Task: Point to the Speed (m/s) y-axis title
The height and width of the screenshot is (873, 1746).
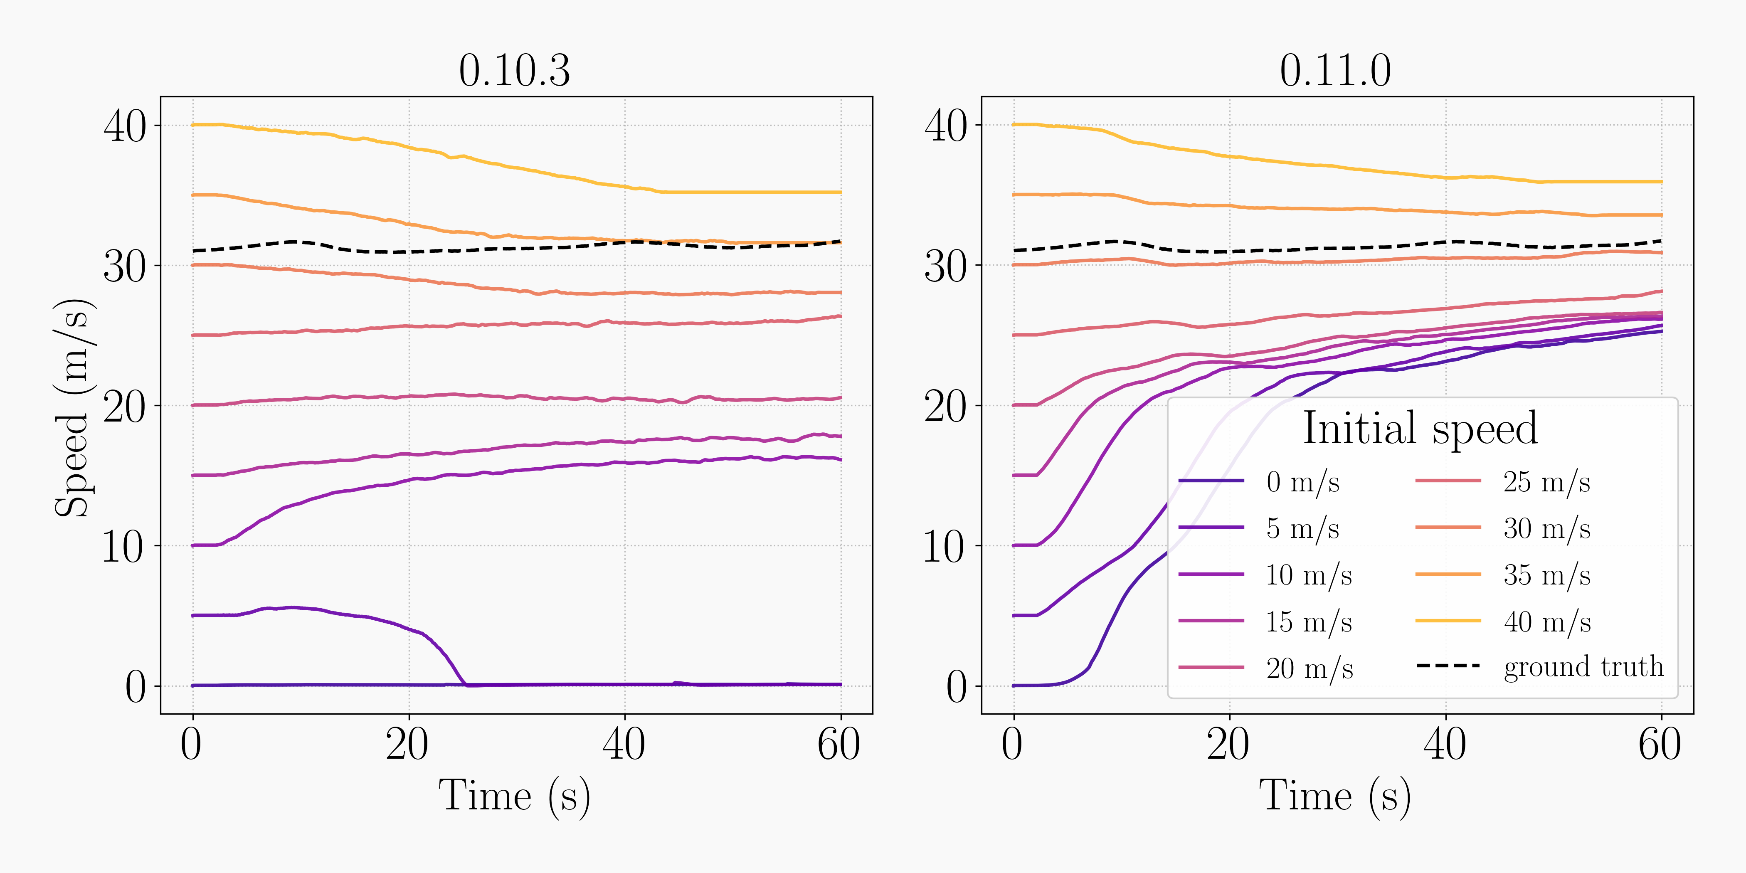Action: tap(73, 407)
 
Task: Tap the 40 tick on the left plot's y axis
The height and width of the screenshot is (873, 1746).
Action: tap(125, 126)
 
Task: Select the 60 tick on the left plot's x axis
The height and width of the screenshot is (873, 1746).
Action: tap(839, 744)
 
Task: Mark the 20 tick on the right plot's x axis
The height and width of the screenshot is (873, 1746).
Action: tap(1228, 744)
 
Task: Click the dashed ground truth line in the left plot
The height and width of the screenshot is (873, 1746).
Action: tap(474, 250)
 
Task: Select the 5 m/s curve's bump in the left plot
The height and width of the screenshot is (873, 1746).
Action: tap(291, 607)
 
